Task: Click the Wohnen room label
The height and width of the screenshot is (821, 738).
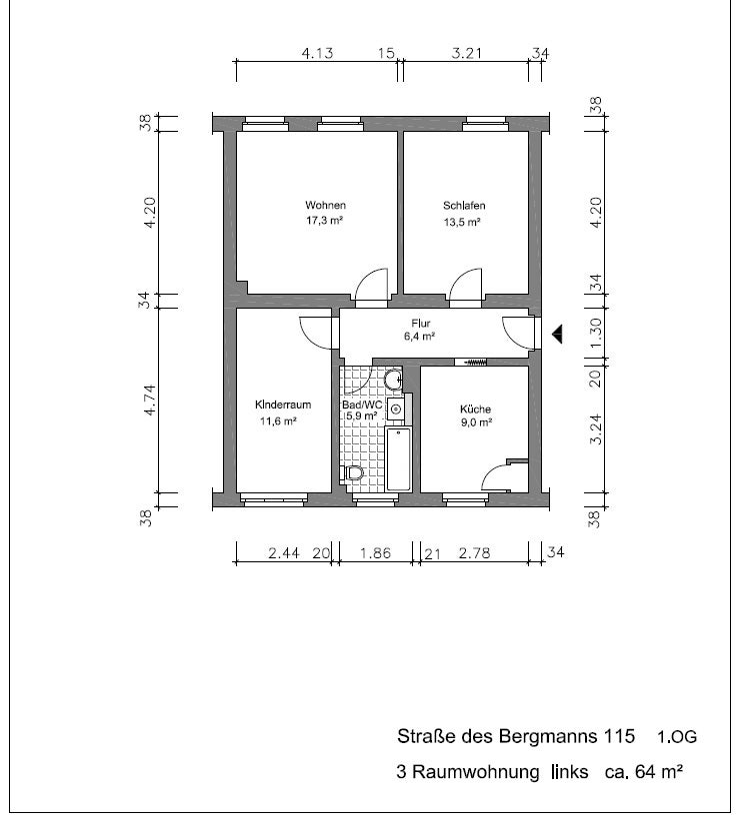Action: (x=325, y=205)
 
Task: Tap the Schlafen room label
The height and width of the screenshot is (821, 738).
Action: (x=464, y=206)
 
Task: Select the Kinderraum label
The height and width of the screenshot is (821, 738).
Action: (x=283, y=405)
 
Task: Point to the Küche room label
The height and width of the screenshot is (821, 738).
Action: (x=475, y=409)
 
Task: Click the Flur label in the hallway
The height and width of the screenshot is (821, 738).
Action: (x=420, y=324)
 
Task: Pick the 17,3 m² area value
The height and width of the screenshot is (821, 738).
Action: (x=324, y=221)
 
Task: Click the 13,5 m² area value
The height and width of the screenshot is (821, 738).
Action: (x=462, y=222)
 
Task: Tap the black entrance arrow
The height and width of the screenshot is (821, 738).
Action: (x=557, y=334)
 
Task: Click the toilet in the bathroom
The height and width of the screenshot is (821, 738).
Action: (x=354, y=473)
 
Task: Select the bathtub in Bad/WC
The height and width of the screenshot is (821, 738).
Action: (x=399, y=459)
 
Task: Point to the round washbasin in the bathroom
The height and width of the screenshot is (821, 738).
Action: (x=393, y=380)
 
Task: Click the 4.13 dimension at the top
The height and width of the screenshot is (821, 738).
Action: (x=317, y=53)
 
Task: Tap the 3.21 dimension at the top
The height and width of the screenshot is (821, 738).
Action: (x=466, y=53)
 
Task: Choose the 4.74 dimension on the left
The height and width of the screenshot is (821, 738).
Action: (x=150, y=401)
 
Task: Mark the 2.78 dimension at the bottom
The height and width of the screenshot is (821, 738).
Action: (x=474, y=553)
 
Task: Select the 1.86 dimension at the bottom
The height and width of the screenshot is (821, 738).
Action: (x=375, y=553)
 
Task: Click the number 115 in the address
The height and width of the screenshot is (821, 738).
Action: (x=620, y=736)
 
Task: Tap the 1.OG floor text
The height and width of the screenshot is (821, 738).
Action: (x=677, y=737)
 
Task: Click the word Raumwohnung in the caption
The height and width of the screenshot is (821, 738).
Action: (x=475, y=772)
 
